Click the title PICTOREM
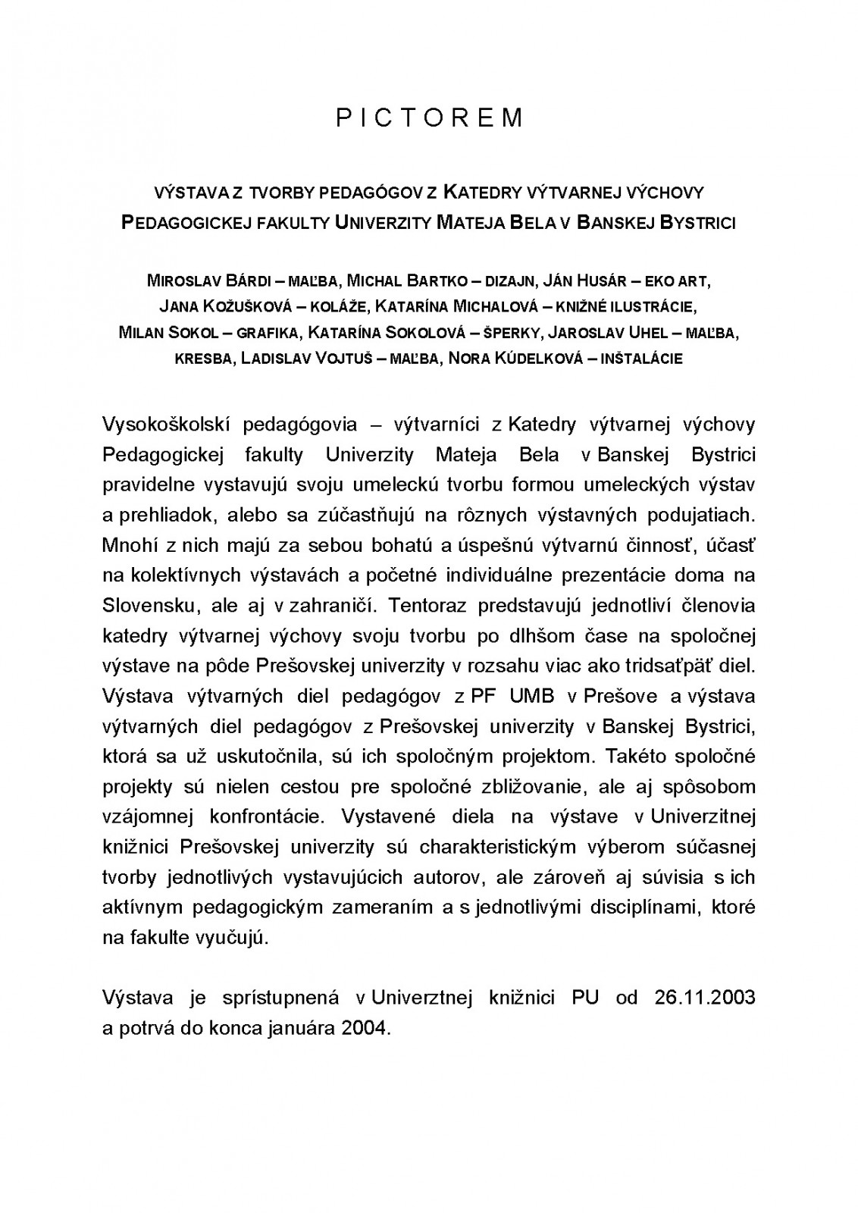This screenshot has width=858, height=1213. [429, 118]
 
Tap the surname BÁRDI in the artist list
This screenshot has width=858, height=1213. [239, 281]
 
